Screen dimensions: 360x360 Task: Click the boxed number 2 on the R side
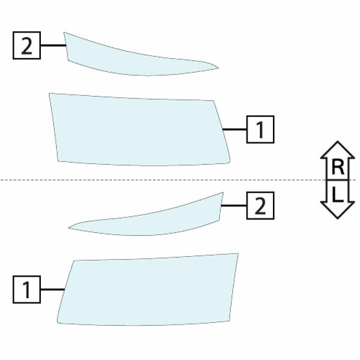click(26, 46)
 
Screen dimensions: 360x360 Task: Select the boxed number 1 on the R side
click(260, 130)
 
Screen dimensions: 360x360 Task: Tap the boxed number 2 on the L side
click(260, 206)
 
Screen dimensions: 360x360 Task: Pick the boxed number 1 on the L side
click(26, 290)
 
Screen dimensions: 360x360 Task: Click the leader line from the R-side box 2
click(53, 46)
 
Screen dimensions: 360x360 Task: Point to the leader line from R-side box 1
click(235, 130)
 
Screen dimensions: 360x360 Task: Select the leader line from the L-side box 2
click(234, 205)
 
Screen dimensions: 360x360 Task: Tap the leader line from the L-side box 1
click(52, 290)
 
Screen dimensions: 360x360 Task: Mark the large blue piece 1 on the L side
click(147, 290)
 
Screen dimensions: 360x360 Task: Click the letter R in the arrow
click(338, 167)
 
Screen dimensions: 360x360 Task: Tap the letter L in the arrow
click(337, 194)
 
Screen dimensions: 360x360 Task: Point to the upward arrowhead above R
click(337, 149)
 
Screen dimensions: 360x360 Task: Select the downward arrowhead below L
click(337, 210)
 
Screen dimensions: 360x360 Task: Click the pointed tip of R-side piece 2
click(218, 68)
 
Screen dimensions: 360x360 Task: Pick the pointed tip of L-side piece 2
click(69, 228)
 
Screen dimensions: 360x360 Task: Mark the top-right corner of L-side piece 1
click(238, 253)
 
